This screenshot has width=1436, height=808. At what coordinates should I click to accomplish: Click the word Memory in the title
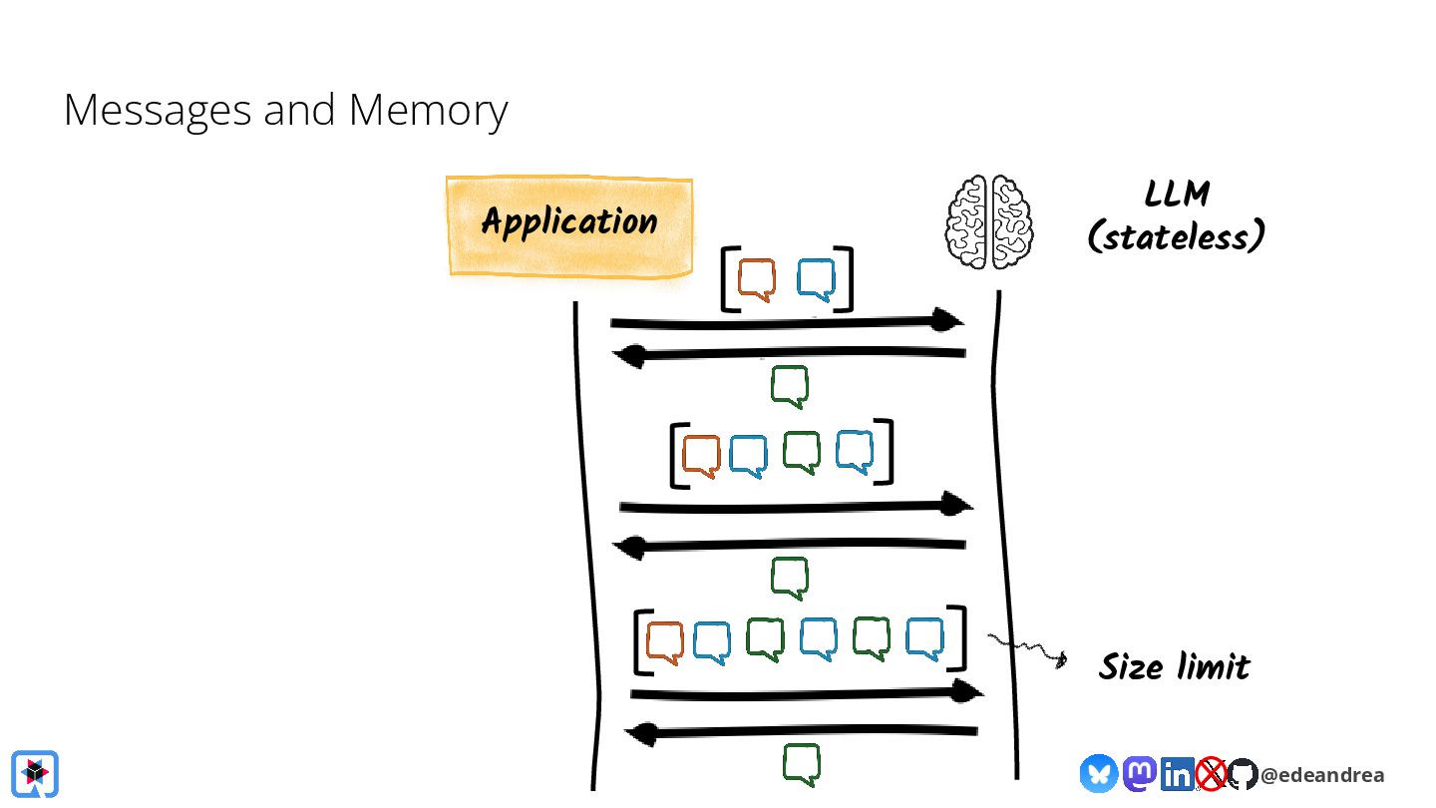[x=428, y=111]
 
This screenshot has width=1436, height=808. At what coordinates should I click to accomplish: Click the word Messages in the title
[x=158, y=111]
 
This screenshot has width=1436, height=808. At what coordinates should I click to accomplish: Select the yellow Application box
[x=568, y=224]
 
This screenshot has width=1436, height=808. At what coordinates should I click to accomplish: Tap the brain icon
[x=989, y=221]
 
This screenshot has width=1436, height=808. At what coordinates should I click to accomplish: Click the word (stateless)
[x=1177, y=237]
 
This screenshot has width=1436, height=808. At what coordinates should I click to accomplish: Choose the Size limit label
[x=1174, y=666]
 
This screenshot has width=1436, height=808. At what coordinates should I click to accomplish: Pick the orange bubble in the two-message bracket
[x=757, y=280]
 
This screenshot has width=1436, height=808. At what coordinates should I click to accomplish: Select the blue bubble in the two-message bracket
[x=816, y=280]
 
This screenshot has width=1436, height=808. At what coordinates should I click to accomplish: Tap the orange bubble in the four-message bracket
[x=701, y=455]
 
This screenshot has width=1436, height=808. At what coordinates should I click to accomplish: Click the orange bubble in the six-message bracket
[x=664, y=642]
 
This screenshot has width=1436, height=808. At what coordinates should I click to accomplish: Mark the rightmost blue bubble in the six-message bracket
[x=924, y=638]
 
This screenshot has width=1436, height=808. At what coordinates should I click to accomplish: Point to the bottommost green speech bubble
[x=801, y=764]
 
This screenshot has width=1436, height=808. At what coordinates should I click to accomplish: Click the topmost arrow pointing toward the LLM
[x=787, y=322]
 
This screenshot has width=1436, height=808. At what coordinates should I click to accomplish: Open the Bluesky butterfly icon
[x=1099, y=773]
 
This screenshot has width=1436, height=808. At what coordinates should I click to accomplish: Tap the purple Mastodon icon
[x=1140, y=773]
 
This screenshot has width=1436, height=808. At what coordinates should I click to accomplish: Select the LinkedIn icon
[x=1177, y=773]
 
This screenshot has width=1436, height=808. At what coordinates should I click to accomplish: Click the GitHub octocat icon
[x=1242, y=774]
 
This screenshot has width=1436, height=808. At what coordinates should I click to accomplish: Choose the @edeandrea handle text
[x=1322, y=775]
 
